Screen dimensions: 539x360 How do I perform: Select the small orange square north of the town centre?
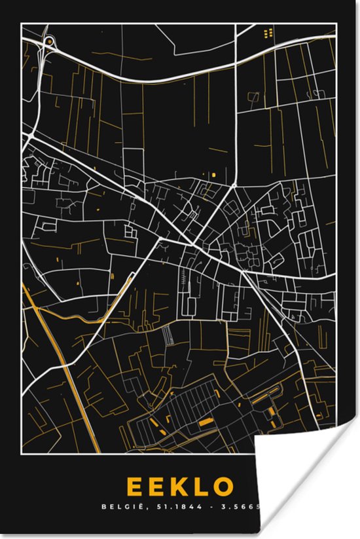click(213, 176)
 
